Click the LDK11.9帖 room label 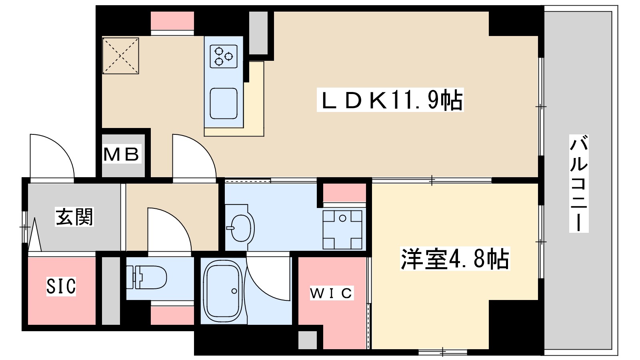pos(390,100)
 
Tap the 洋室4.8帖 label pos(455,259)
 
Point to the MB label pos(122,154)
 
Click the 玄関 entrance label pos(74,217)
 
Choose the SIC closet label pos(61,286)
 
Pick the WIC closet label pos(332,293)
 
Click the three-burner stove pos(224,56)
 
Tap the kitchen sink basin pos(224,103)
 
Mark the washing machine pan pos(343,229)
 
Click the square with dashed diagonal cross pos(121,56)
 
